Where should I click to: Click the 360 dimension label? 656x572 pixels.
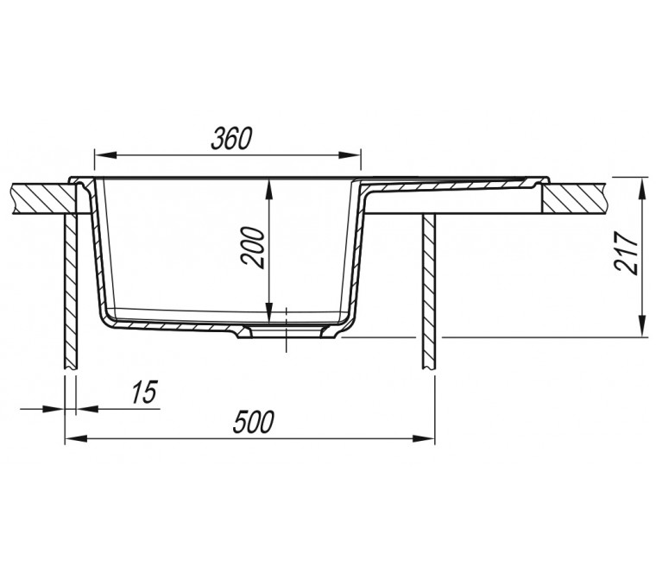(x=231, y=139)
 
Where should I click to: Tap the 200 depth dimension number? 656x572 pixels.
(x=253, y=248)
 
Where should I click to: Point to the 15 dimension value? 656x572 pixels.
(x=144, y=393)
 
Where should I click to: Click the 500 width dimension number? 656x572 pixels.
(x=254, y=422)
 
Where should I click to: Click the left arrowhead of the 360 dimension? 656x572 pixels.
(x=105, y=155)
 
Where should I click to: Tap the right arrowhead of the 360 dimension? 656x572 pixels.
(x=350, y=155)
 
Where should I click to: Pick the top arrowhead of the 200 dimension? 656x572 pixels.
(x=270, y=189)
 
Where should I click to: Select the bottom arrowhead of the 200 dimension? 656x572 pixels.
(x=270, y=313)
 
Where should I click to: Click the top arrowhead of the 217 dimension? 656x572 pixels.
(x=640, y=187)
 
